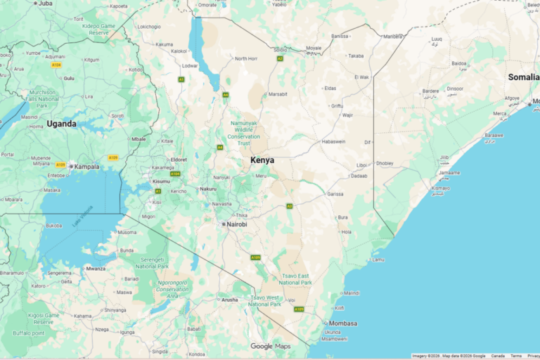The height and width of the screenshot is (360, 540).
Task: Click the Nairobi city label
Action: (x=236, y=224)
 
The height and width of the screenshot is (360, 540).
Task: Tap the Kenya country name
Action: (x=262, y=160)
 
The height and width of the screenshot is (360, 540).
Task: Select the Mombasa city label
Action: (x=343, y=323)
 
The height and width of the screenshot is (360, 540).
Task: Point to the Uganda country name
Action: (x=61, y=124)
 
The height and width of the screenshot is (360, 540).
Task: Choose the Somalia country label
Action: (x=523, y=77)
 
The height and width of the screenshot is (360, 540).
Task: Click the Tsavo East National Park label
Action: (x=295, y=279)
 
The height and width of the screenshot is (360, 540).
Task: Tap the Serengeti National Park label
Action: (x=152, y=263)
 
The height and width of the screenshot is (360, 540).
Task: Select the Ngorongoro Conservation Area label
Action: (x=172, y=285)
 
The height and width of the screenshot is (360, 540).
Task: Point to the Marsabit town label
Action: (x=278, y=94)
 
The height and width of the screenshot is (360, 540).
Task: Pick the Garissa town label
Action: (x=335, y=193)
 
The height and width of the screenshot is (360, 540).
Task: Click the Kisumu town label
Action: (x=161, y=181)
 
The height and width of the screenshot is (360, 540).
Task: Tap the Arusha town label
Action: (x=229, y=300)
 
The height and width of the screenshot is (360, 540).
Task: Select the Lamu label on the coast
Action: (x=378, y=259)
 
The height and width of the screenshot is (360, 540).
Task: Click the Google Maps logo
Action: (x=271, y=346)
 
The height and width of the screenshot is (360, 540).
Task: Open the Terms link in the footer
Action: (x=516, y=356)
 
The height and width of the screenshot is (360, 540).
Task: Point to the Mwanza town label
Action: (x=96, y=268)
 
